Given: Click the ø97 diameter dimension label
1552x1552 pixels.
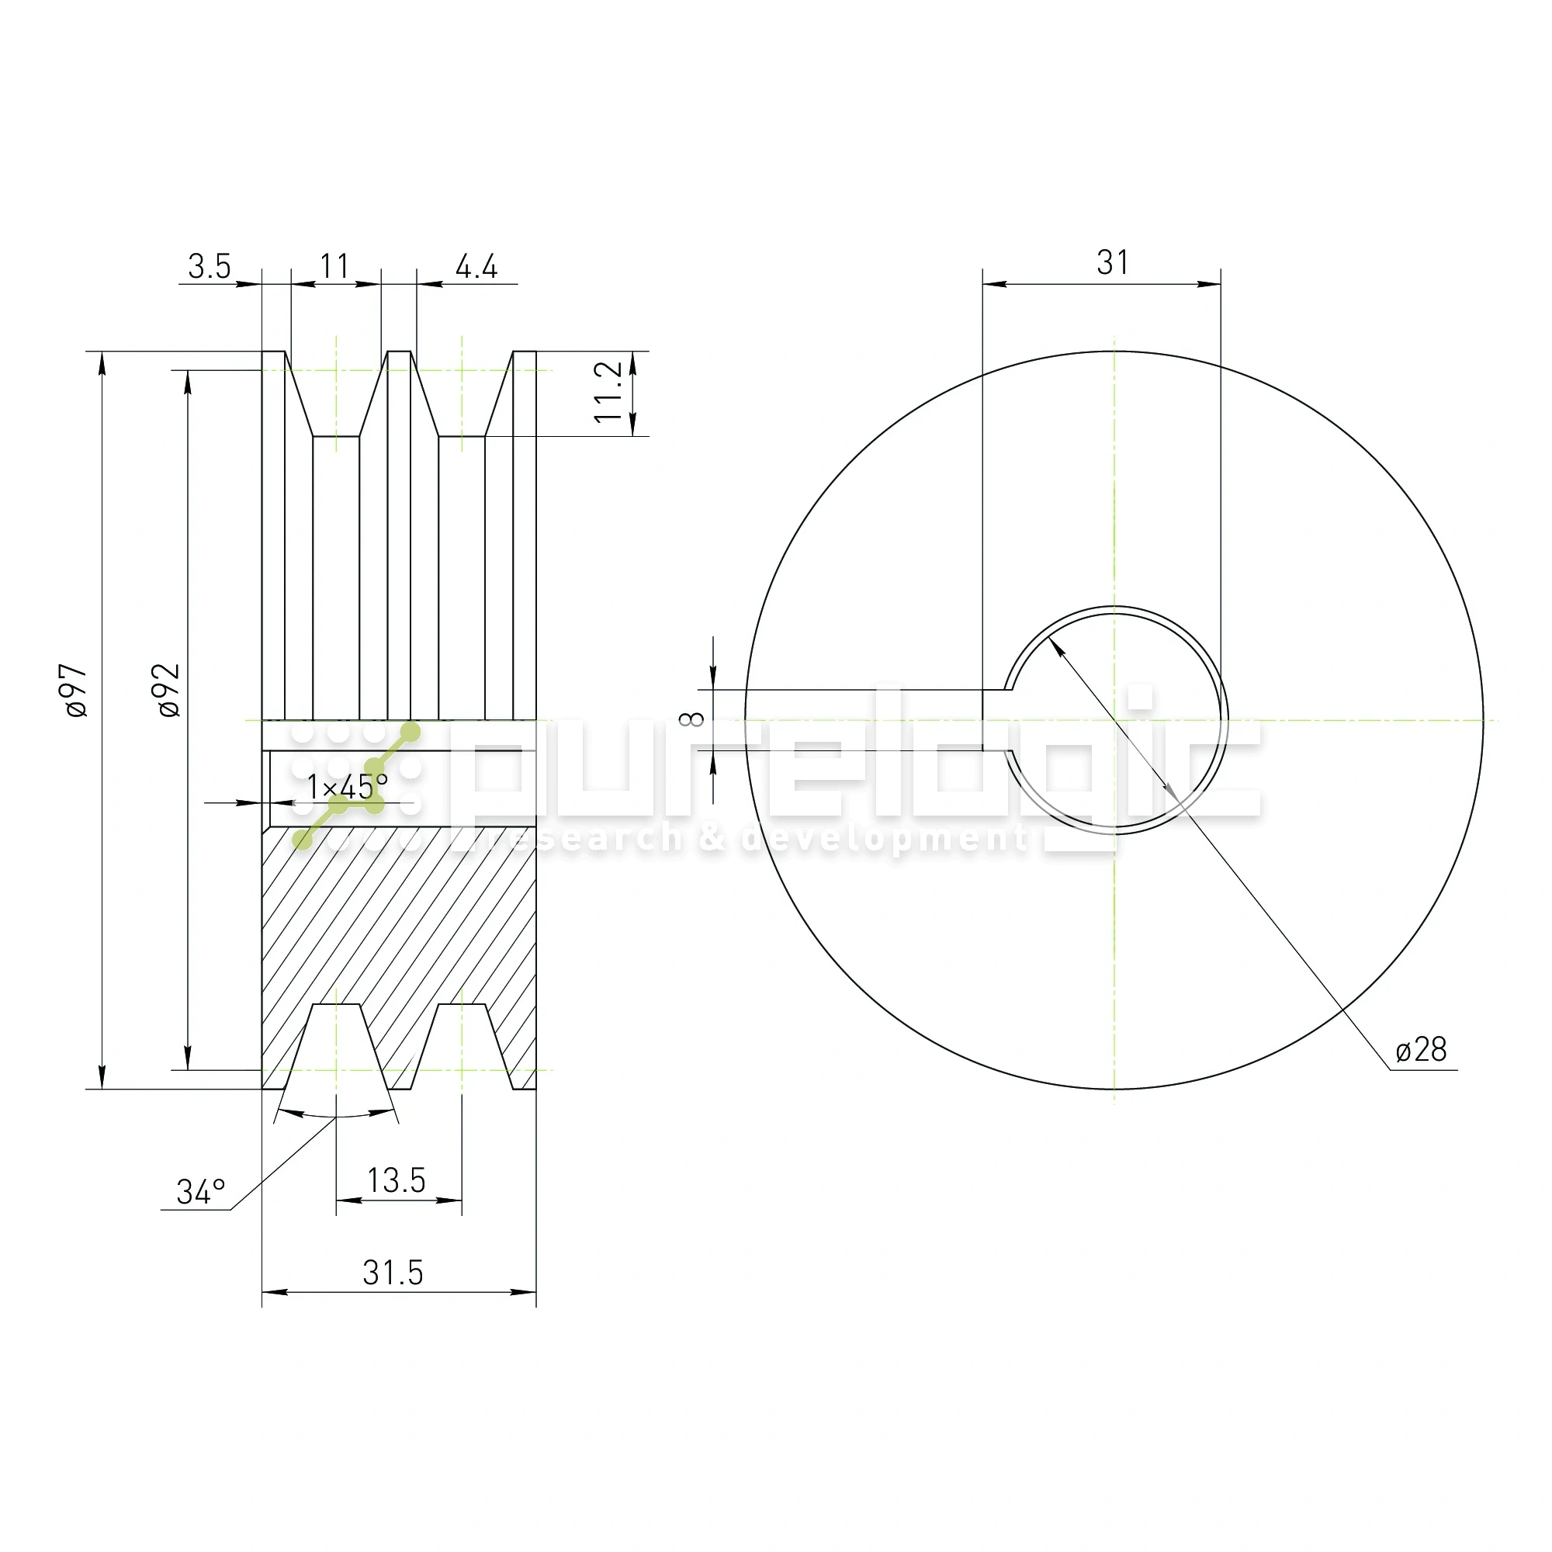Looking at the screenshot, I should pyautogui.click(x=76, y=690).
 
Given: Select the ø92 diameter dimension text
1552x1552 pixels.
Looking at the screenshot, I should pyautogui.click(x=168, y=690).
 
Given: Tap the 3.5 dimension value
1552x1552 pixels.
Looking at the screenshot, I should pyautogui.click(x=209, y=267).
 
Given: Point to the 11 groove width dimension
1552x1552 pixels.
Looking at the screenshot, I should pyautogui.click(x=334, y=267).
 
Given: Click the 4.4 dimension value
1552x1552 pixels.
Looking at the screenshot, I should pyautogui.click(x=476, y=267).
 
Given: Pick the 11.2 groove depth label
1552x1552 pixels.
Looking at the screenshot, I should pyautogui.click(x=609, y=391).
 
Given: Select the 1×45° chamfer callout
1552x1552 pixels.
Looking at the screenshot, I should pyautogui.click(x=347, y=785).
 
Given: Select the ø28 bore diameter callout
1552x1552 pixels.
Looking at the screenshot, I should pyautogui.click(x=1421, y=1050).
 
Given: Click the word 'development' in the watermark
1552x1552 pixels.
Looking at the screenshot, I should pyautogui.click(x=884, y=840).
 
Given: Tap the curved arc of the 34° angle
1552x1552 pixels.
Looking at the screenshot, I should pyautogui.click(x=336, y=1116).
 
